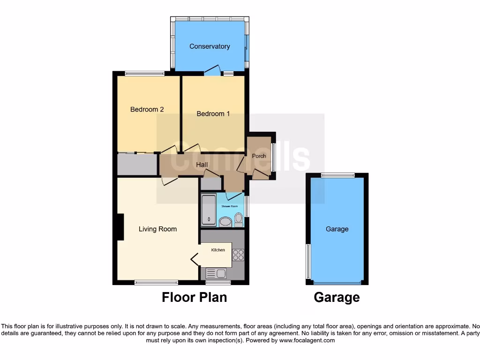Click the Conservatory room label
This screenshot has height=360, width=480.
click(x=210, y=46)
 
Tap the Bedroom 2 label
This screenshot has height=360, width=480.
click(x=147, y=110)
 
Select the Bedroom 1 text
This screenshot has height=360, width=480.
click(x=213, y=113)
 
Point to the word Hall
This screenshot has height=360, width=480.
click(x=202, y=165)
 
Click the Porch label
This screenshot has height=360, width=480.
click(x=259, y=156)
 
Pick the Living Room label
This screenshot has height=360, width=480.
click(x=157, y=229)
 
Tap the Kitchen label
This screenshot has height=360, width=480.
click(x=218, y=250)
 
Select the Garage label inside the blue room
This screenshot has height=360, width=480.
click(x=337, y=229)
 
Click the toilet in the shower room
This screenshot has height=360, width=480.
click(x=239, y=219)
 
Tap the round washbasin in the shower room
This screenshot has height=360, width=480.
click(x=225, y=221)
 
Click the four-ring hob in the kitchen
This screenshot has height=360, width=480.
click(x=239, y=255)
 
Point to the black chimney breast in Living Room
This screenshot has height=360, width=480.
click(x=120, y=227)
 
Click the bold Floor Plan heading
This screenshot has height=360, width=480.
click(x=194, y=297)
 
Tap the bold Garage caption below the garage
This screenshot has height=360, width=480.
click(x=337, y=297)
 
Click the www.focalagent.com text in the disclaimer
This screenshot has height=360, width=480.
click(x=307, y=340)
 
